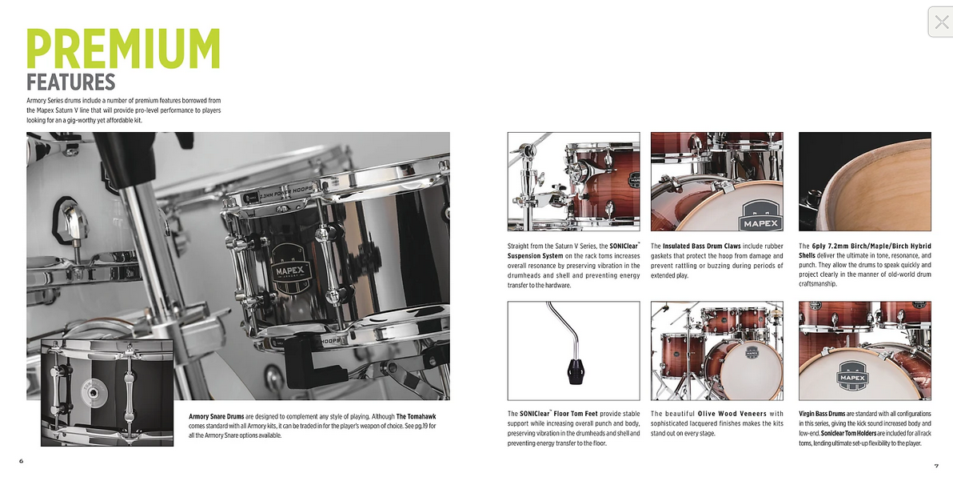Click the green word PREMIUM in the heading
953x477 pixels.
[123, 49]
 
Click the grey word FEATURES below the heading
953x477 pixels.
[70, 82]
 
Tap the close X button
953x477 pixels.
[941, 22]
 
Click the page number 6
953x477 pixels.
[22, 461]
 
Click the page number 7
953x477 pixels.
[936, 466]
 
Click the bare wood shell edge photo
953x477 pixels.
[864, 182]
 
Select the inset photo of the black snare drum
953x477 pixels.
[107, 392]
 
